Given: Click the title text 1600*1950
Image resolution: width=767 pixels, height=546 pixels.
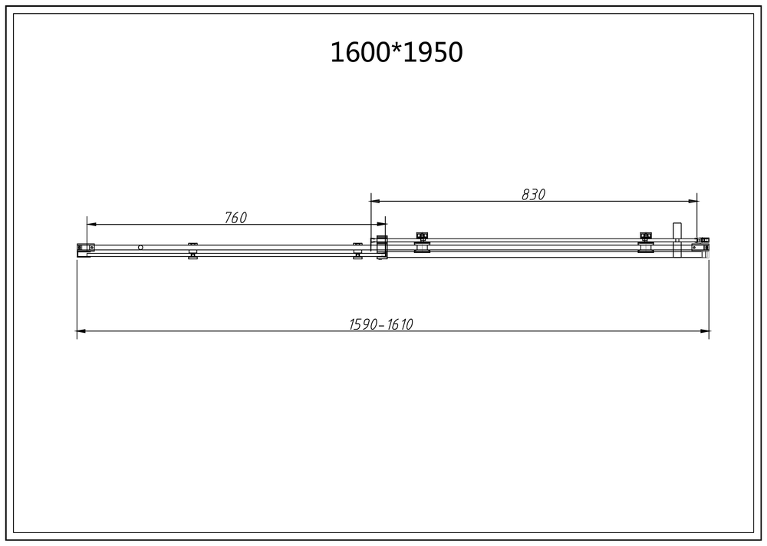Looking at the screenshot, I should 396,52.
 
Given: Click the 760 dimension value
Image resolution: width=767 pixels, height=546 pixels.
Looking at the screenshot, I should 235,218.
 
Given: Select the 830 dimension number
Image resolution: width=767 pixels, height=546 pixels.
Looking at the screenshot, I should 533,195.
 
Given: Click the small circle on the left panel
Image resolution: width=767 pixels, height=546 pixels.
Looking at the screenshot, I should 140,247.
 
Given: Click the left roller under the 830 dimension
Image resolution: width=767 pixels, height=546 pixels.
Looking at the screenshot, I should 421,242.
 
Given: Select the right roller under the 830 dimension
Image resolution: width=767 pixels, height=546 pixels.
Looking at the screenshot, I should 646,242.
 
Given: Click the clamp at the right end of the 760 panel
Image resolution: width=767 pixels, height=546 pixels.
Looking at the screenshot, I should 357,250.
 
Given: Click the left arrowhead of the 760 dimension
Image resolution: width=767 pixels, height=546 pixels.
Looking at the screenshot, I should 90,225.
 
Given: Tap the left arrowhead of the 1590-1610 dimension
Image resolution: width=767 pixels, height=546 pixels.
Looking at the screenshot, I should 80,331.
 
